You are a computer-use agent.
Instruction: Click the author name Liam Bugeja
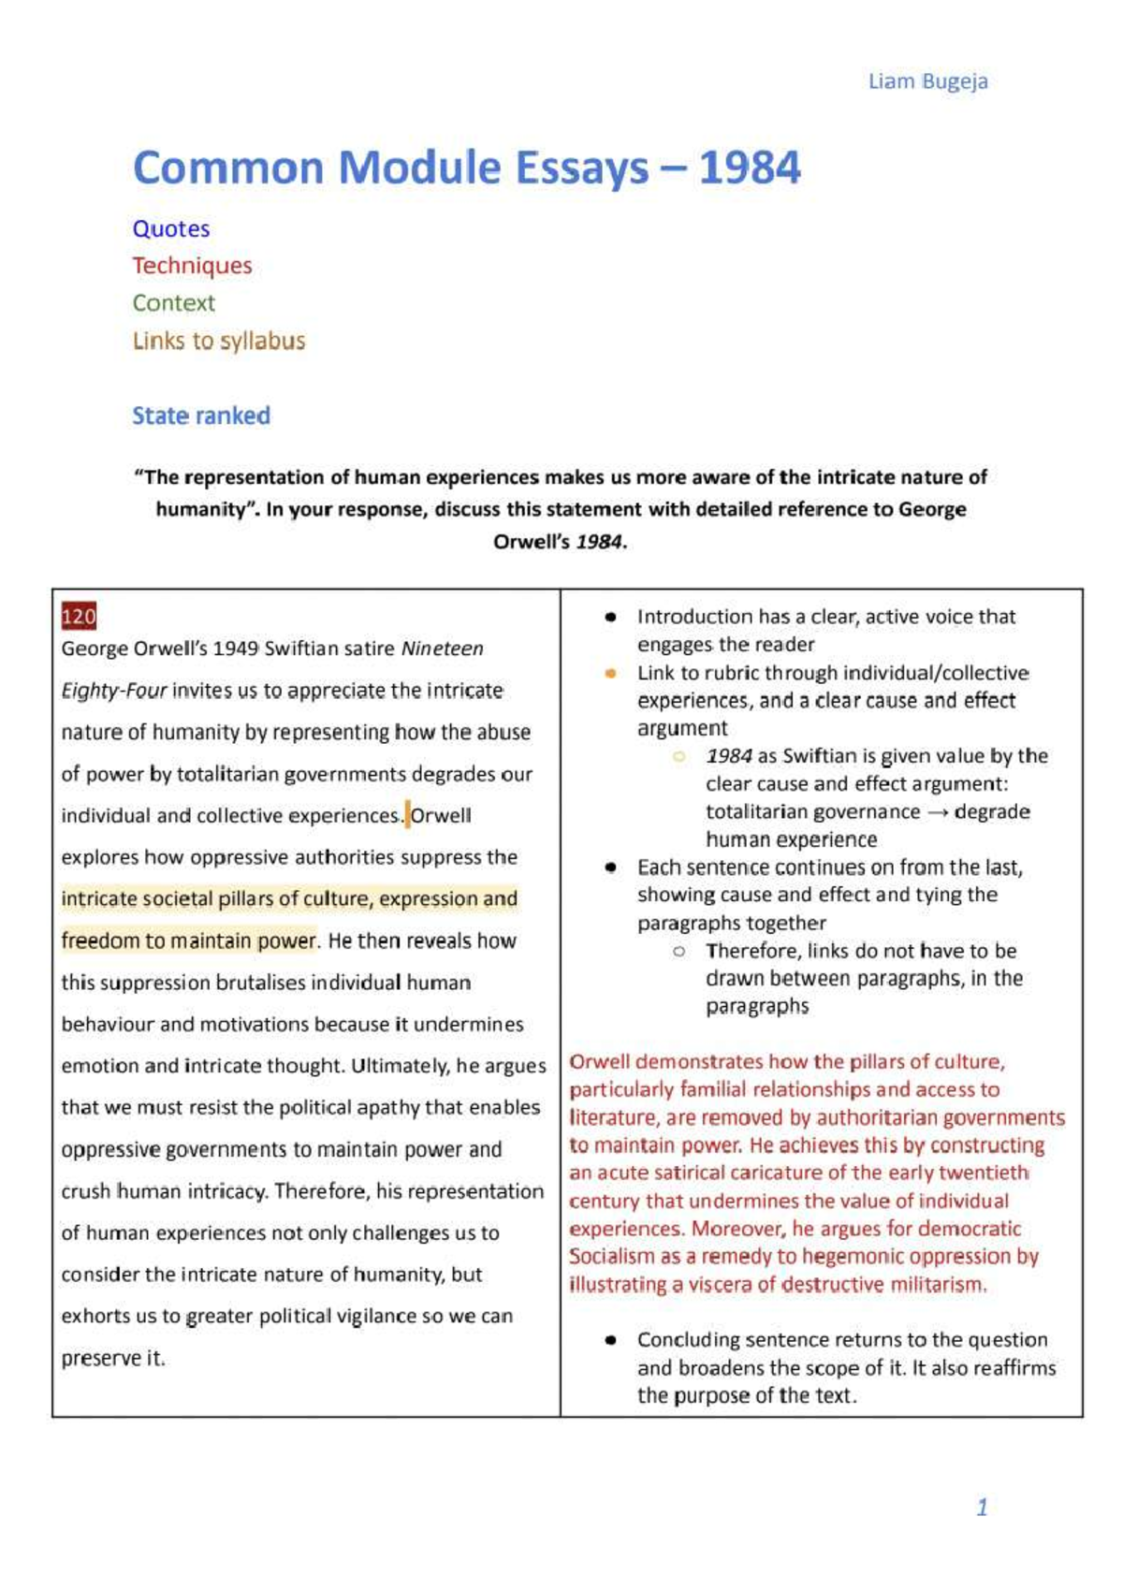point(927,81)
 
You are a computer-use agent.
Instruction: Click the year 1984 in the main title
point(750,168)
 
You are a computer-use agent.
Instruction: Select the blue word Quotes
point(170,229)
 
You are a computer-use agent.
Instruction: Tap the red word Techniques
point(192,266)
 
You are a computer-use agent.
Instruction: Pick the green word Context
point(173,303)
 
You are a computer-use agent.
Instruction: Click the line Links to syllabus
point(218,341)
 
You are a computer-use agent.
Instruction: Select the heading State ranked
point(200,415)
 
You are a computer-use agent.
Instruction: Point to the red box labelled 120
point(79,616)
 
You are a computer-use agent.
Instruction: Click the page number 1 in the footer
point(982,1507)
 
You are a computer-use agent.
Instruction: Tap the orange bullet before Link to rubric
point(611,673)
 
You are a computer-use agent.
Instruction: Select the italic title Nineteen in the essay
point(443,649)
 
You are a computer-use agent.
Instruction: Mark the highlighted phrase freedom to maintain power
point(189,940)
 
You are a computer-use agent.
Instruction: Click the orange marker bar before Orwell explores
point(408,814)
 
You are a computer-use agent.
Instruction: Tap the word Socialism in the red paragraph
point(612,1257)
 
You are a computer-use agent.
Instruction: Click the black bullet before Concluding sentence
point(611,1340)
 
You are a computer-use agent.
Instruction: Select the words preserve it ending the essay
point(112,1358)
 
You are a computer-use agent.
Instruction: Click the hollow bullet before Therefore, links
point(679,951)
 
